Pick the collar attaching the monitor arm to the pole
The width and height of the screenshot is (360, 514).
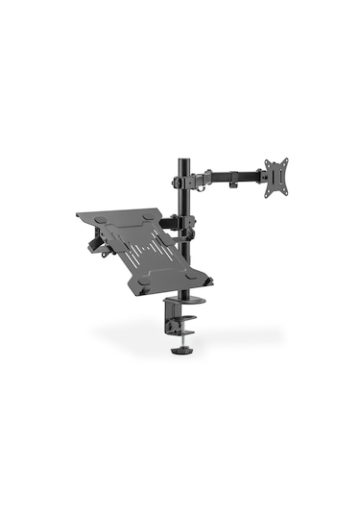point(182,180)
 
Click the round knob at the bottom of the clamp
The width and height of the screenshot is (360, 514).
point(181,351)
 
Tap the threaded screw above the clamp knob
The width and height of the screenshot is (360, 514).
point(181,340)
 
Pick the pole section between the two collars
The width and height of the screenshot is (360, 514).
point(181,200)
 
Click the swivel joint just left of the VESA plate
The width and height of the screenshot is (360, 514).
point(261,174)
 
